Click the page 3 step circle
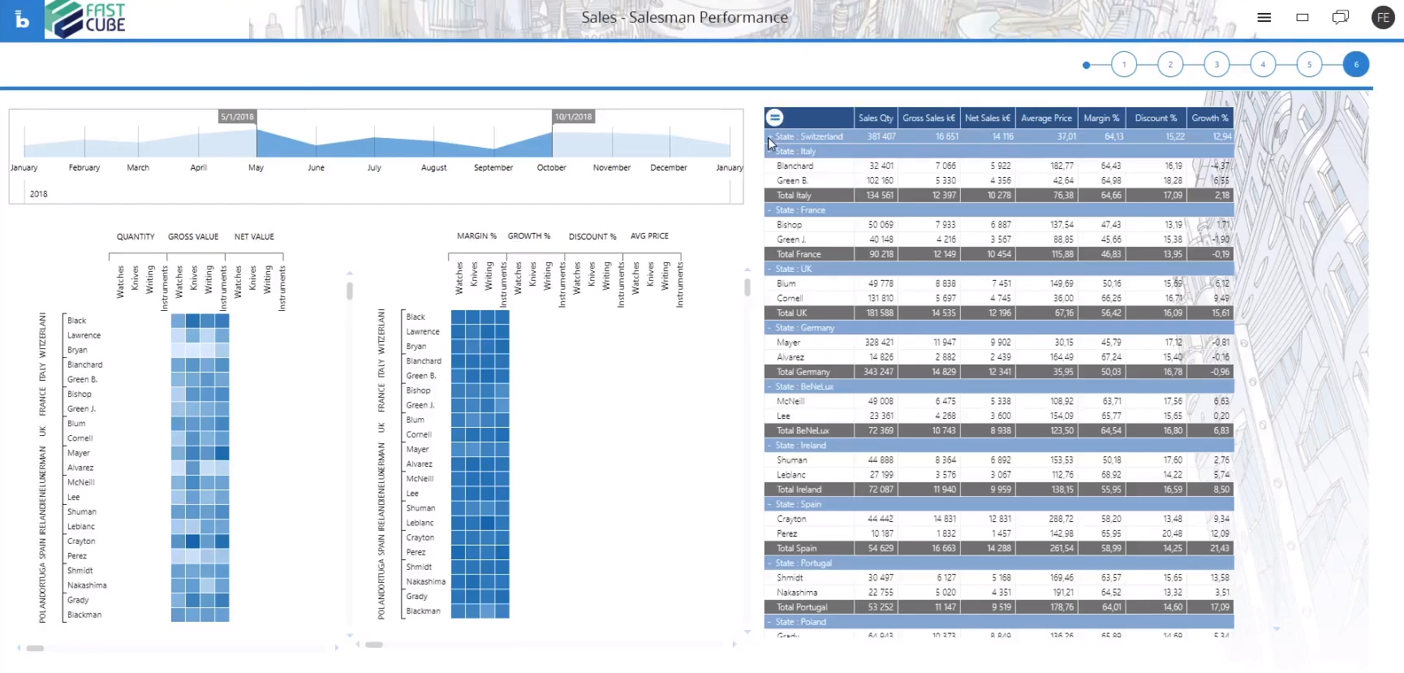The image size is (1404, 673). [x=1216, y=64]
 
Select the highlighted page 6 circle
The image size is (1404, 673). [x=1355, y=64]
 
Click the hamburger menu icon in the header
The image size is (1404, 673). [x=1264, y=17]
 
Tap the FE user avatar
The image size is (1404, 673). [x=1383, y=17]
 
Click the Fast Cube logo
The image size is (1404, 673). [x=86, y=19]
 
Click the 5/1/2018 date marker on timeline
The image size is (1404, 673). [x=237, y=117]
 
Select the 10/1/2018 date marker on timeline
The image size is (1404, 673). [x=573, y=117]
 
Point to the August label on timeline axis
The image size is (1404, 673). [x=433, y=167]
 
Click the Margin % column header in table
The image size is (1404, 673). [x=1101, y=118]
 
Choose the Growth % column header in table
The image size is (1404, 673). [x=1209, y=118]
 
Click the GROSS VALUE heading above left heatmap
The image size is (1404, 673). [x=193, y=237]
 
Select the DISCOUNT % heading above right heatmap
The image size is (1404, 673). [x=592, y=237]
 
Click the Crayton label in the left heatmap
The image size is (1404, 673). [x=81, y=541]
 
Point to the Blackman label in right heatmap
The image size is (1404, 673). [x=423, y=611]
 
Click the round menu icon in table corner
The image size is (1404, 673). [x=775, y=118]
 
